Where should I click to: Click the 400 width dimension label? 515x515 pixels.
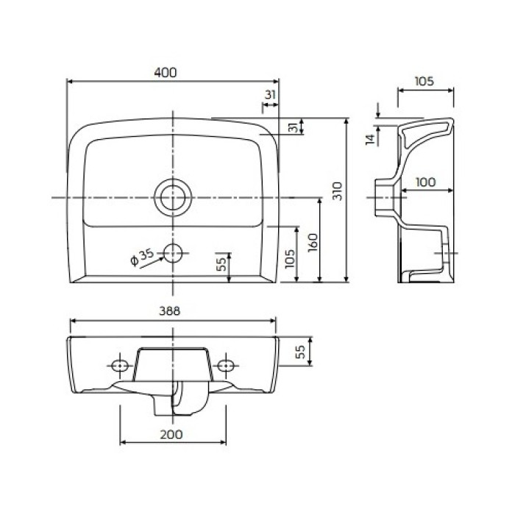(x=166, y=72)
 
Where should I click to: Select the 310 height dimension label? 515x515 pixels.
(x=337, y=191)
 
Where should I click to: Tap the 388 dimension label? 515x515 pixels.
(x=169, y=310)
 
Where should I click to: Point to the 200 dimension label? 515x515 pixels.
(x=171, y=434)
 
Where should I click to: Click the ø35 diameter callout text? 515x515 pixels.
(x=142, y=257)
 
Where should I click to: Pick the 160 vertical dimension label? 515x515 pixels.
(x=313, y=242)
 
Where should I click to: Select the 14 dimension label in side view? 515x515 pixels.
(x=370, y=139)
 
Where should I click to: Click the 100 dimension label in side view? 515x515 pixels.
(x=425, y=182)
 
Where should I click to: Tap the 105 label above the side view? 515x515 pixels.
(x=424, y=81)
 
